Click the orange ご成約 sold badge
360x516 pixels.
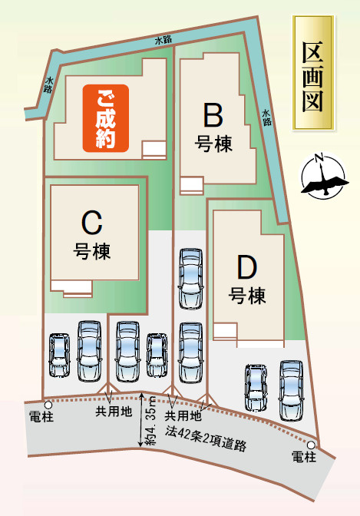point(105,118)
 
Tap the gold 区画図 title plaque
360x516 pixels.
point(314,72)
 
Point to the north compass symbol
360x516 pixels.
point(324,176)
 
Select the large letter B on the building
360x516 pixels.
point(213,115)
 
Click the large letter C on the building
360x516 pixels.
point(92,223)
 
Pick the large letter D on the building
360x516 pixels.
point(247,267)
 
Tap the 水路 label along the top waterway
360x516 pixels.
point(163,40)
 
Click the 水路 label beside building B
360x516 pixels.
point(266,117)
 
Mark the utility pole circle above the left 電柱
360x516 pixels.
point(48,405)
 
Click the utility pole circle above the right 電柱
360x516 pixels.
point(311,445)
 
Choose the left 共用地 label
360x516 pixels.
point(114,412)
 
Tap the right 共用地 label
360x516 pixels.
point(183,416)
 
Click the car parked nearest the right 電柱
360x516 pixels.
point(291,391)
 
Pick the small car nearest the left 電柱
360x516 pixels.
point(60,355)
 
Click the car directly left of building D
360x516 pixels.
point(190,279)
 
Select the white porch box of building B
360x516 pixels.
point(192,186)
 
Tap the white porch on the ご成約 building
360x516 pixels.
point(154,150)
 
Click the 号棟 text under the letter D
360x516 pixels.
point(247,295)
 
